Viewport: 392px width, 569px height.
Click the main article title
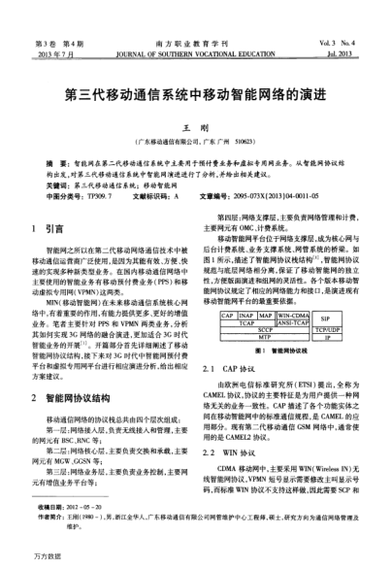(195, 98)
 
